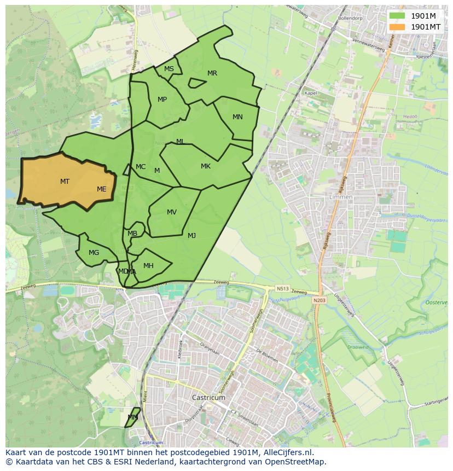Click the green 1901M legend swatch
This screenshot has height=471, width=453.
[397, 16]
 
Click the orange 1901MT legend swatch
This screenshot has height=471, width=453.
[397, 27]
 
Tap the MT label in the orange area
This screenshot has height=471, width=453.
[65, 181]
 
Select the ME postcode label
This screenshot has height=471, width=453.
[102, 189]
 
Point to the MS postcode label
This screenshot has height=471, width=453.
[169, 69]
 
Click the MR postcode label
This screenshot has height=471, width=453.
[212, 73]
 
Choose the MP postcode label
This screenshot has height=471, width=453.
[162, 100]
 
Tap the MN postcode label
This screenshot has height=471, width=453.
[237, 117]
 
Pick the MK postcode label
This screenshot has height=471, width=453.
[206, 166]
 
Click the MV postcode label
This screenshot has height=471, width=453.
[172, 212]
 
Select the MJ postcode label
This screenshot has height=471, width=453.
[191, 236]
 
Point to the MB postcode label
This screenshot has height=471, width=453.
[132, 234]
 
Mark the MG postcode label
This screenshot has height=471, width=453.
[94, 253]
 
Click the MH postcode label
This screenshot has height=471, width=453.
[148, 266]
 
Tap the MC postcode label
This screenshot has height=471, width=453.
[141, 167]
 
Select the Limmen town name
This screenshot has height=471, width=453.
[341, 197]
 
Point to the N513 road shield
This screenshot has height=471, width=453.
[282, 288]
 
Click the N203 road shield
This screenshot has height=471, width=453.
[319, 300]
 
